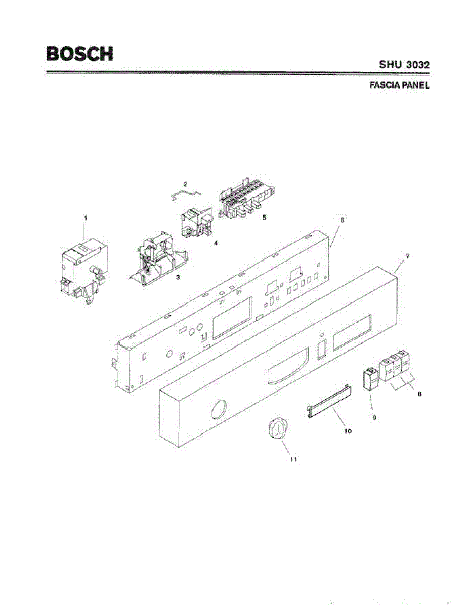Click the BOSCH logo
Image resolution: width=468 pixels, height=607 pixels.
pyautogui.click(x=79, y=54)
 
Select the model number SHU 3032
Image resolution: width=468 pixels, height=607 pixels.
pyautogui.click(x=404, y=65)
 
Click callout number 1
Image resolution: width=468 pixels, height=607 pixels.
pyautogui.click(x=86, y=218)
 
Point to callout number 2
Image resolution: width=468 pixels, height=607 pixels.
pyautogui.click(x=185, y=183)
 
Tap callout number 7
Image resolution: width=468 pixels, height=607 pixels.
pyautogui.click(x=408, y=256)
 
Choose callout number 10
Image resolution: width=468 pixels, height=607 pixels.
pyautogui.click(x=348, y=431)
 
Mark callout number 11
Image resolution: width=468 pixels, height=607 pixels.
pyautogui.click(x=293, y=459)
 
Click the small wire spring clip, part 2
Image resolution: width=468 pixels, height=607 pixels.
pyautogui.click(x=185, y=195)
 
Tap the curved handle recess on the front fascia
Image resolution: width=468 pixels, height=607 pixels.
pyautogui.click(x=286, y=369)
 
